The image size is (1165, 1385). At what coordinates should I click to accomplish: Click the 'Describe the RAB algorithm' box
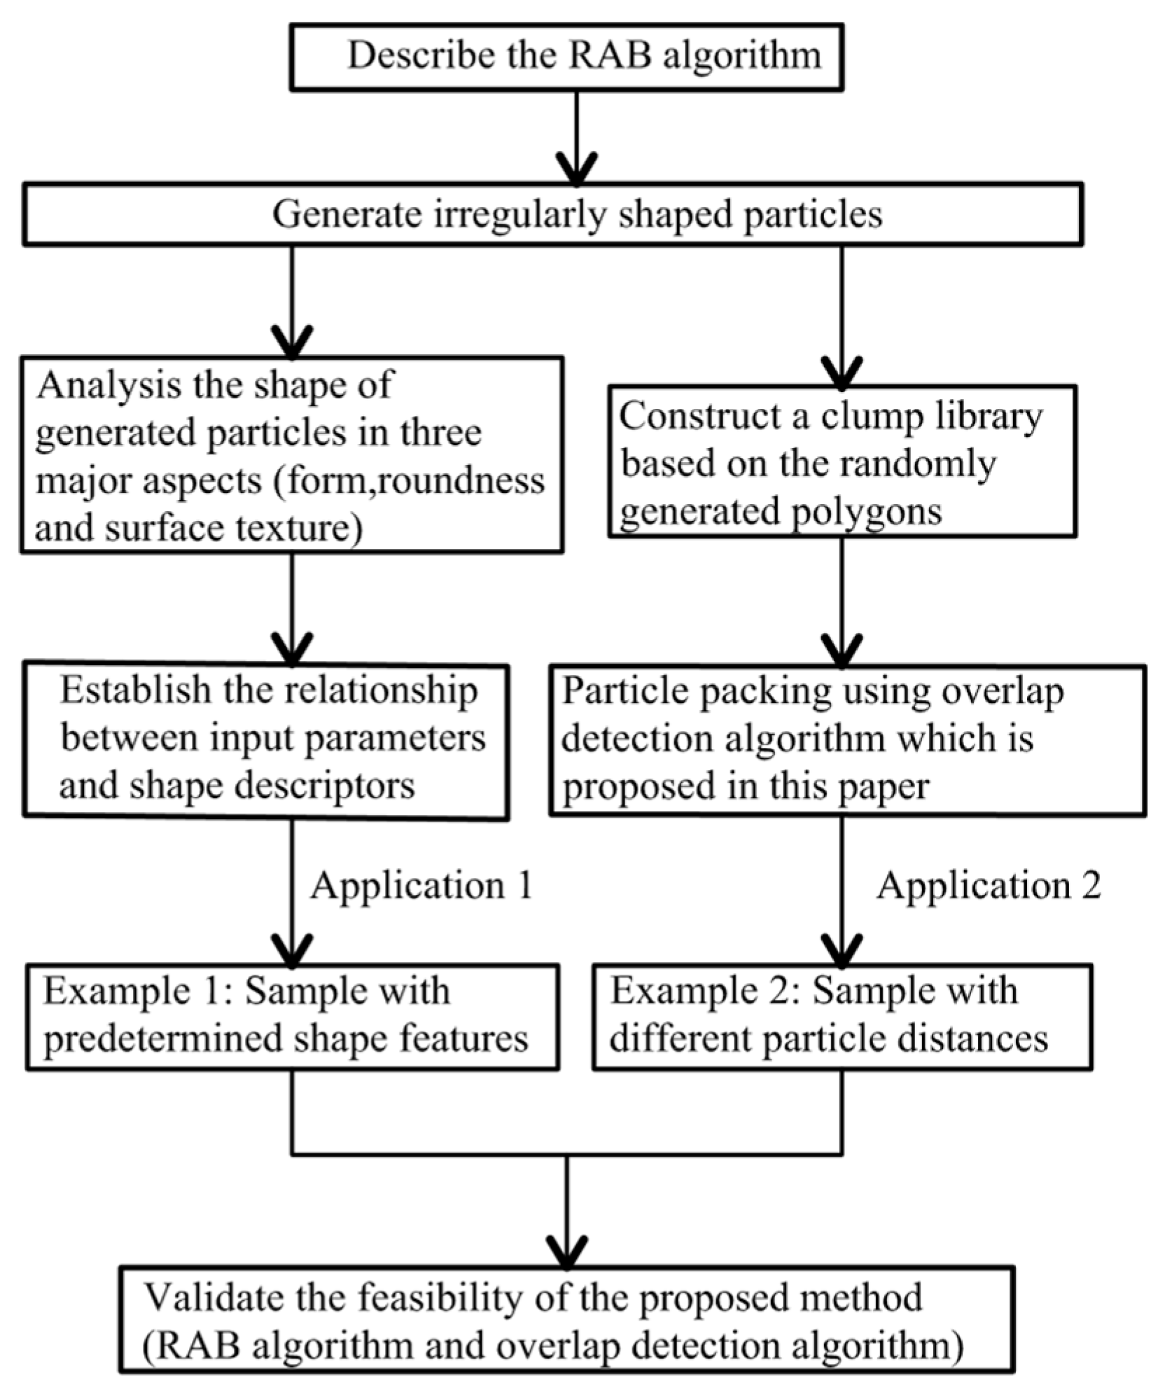click(x=566, y=57)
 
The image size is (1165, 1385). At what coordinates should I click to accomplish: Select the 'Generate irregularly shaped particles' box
click(x=553, y=214)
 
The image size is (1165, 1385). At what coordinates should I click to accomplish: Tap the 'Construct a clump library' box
click(x=842, y=461)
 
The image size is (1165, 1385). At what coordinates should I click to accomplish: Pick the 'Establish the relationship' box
click(x=266, y=739)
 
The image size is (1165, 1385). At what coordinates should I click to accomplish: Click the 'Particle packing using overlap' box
click(x=847, y=739)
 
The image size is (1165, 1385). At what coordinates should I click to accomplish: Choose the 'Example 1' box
click(x=292, y=1017)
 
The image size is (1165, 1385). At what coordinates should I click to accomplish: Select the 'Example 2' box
click(x=842, y=1017)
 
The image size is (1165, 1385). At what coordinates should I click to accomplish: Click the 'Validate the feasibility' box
click(x=566, y=1324)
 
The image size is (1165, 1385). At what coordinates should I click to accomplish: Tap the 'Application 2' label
click(x=989, y=886)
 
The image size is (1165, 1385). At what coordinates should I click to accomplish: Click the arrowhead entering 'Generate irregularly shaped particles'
click(x=576, y=171)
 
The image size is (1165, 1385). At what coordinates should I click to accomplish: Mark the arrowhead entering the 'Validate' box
click(x=567, y=1251)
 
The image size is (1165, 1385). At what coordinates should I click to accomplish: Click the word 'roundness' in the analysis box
click(x=462, y=482)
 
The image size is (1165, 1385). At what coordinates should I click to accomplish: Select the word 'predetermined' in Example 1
click(x=163, y=1039)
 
